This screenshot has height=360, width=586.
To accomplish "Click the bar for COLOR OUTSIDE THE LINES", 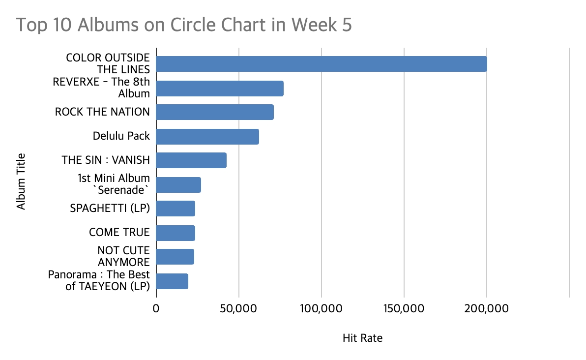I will point(322,64).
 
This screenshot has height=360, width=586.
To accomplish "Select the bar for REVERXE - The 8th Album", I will point(220,88).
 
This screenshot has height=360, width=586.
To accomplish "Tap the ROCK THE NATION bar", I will point(215,112).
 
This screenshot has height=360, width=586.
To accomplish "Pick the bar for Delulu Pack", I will point(207,136).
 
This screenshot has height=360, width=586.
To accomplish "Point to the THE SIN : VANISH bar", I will point(191,160).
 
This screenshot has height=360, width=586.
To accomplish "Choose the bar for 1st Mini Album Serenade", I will point(178,184).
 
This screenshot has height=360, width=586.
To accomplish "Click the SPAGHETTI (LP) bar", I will point(176,209).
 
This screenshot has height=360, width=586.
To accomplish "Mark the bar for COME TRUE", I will point(176,233).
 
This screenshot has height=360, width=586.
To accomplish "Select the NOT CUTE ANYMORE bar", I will point(175,257).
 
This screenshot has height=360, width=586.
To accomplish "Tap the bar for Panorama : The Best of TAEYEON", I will point(172,281).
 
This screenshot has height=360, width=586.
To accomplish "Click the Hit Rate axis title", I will point(362,338).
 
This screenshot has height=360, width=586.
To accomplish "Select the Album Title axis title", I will point(21,182).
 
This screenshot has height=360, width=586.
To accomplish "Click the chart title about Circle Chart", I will point(184,25).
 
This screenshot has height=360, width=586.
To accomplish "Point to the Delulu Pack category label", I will point(121,136).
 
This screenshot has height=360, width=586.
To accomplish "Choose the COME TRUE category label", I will point(119,232).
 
